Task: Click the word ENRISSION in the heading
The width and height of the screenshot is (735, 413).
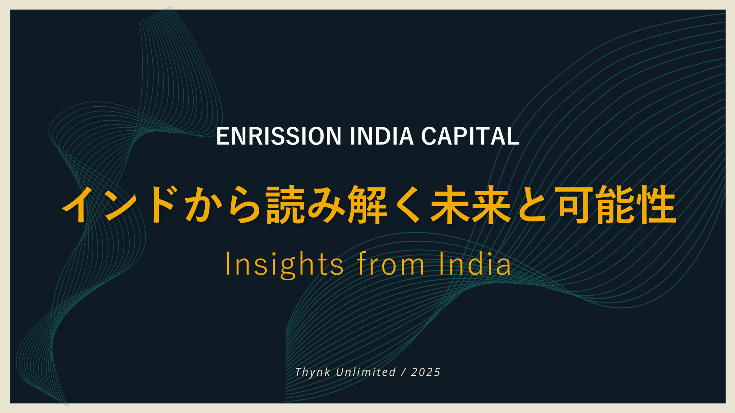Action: coord(279,136)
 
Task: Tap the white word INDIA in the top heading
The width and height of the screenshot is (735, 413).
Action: coord(382,136)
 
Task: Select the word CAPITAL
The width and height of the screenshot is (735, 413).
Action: coord(470,136)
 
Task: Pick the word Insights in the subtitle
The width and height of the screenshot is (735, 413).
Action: coord(284,264)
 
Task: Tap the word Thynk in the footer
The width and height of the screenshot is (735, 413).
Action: coord(312,372)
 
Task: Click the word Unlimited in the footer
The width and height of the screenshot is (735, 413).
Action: coord(366,372)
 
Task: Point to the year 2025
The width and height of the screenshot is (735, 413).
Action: coord(426,372)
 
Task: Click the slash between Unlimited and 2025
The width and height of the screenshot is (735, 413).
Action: coord(403,372)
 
